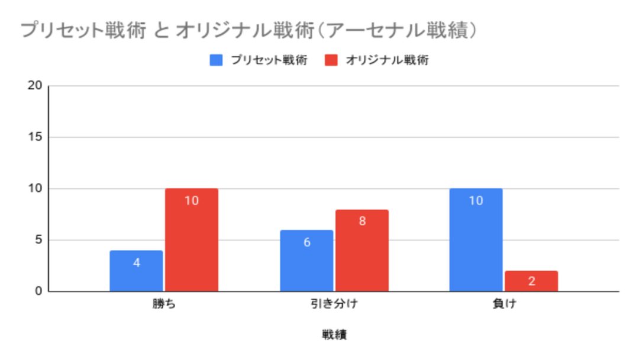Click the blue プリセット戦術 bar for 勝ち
coord(136,271)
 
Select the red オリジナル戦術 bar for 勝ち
coord(192,240)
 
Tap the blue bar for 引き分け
coord(306,261)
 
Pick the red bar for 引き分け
coord(362,250)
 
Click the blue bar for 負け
coord(476,240)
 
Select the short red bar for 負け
coord(531,281)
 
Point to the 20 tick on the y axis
coord(35,85)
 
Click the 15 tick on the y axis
coord(35,137)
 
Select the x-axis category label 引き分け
coord(334,306)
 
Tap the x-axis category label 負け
coord(504,306)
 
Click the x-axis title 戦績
coord(334,335)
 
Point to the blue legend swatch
coord(216,60)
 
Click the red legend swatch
coord(331,60)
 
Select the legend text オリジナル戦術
coord(387,60)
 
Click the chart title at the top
coord(248,31)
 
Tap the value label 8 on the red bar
coord(362,221)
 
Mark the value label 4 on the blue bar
coord(136,262)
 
